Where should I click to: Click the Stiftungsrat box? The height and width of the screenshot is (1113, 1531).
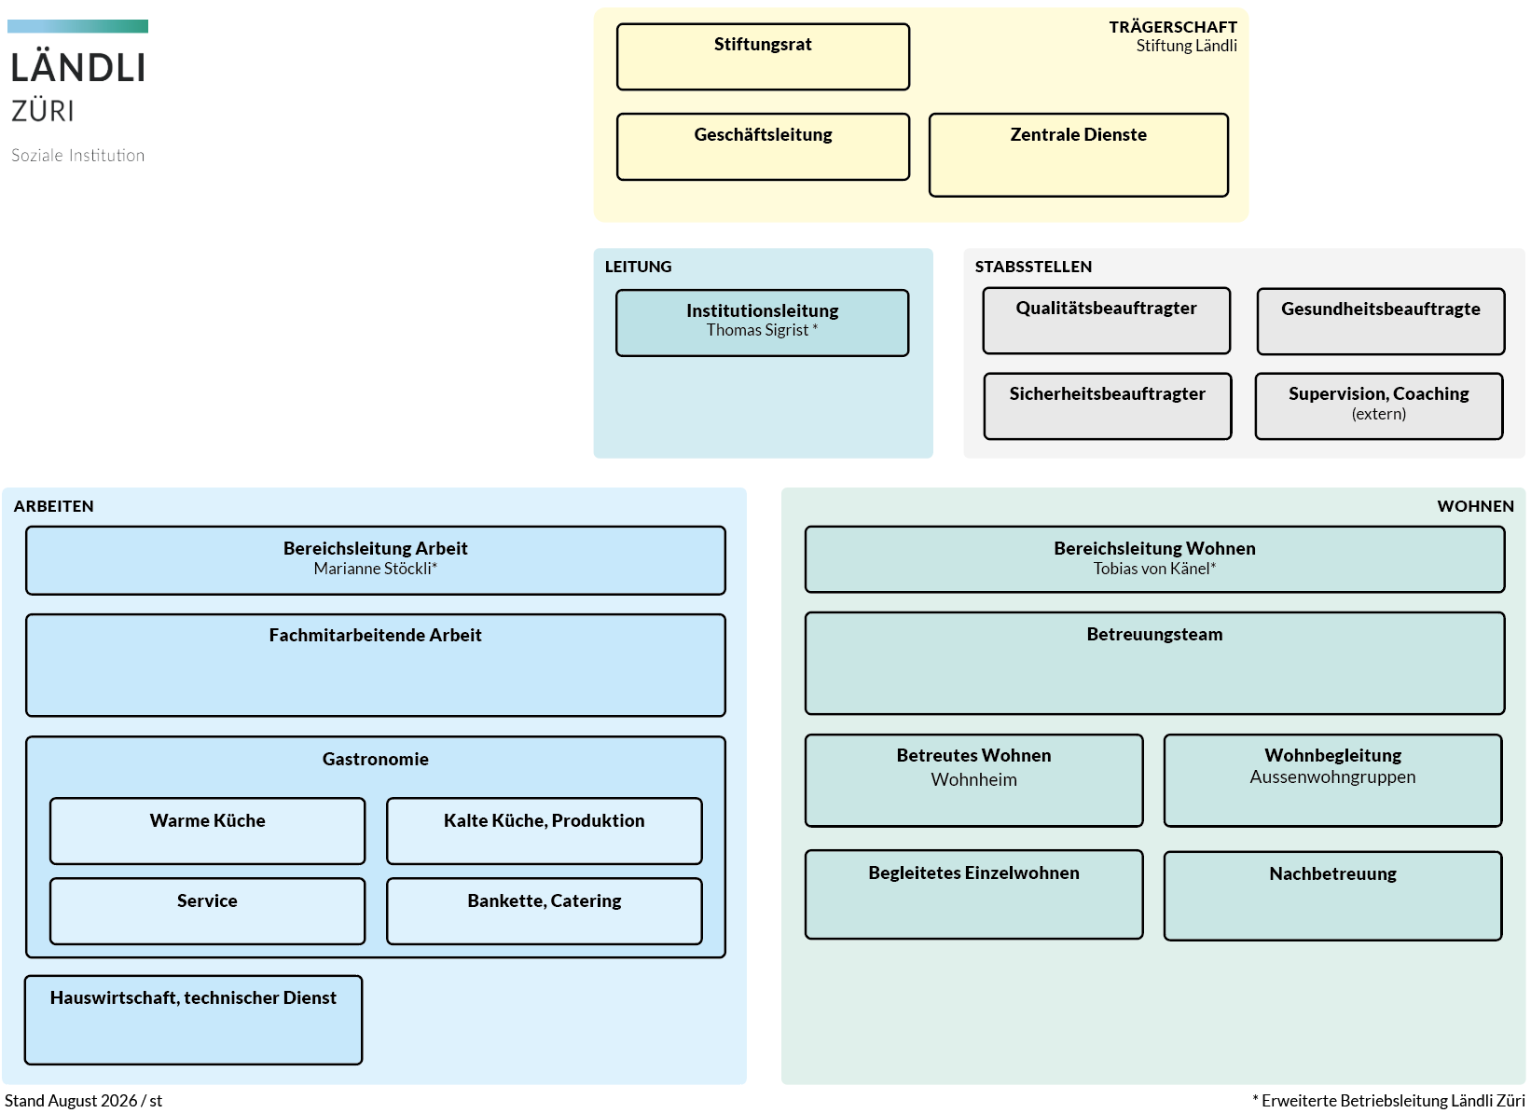tap(763, 57)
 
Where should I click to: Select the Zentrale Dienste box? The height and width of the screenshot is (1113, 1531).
tap(1079, 155)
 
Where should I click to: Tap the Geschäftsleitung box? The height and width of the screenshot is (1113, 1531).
tap(763, 147)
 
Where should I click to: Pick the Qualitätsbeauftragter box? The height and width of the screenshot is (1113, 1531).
tap(1107, 321)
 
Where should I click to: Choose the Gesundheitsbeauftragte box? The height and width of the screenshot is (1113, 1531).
tap(1381, 321)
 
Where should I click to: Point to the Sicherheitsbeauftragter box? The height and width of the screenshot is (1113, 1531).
tap(1108, 405)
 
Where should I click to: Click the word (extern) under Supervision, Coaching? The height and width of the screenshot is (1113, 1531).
tap(1379, 414)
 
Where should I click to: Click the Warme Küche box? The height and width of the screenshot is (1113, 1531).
tap(207, 831)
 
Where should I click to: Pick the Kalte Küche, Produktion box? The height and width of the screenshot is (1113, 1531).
tap(544, 831)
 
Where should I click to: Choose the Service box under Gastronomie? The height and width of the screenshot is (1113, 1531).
tap(207, 912)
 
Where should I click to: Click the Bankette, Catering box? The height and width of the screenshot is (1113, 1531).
tap(544, 912)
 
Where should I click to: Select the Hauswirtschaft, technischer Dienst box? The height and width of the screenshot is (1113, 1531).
tap(193, 1020)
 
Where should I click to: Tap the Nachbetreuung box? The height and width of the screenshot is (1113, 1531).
tap(1332, 896)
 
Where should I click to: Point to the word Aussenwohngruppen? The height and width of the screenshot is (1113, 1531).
tap(1332, 776)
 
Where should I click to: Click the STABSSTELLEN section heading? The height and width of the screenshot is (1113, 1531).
tap(1033, 267)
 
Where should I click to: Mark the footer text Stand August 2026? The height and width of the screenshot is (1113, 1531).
tap(71, 1101)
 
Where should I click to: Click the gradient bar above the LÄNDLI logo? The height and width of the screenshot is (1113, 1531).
tap(78, 26)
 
